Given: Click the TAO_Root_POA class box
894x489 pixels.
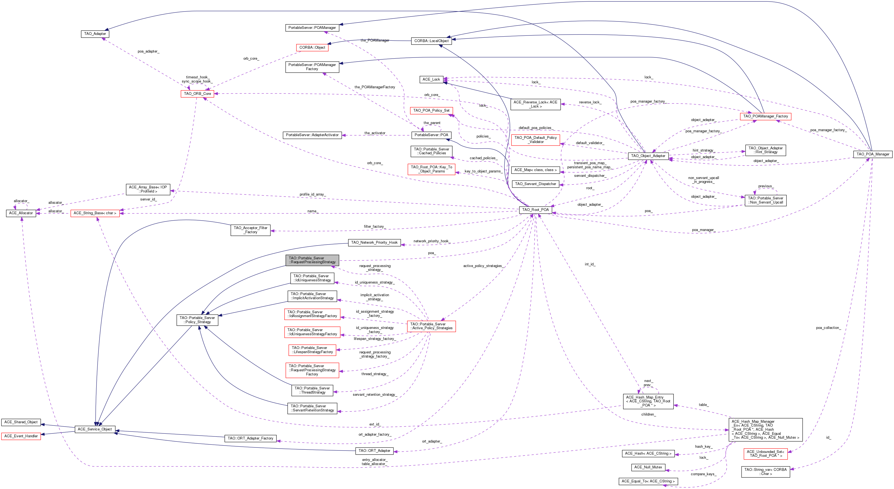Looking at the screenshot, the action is point(535,210).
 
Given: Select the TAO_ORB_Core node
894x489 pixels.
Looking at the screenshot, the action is point(197,94).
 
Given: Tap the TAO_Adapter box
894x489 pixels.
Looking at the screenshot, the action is point(95,34).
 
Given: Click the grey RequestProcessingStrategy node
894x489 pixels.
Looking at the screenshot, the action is point(312,260).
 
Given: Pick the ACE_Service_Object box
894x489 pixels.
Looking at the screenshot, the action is point(95,429).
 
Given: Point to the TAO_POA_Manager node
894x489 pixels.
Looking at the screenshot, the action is point(873,154).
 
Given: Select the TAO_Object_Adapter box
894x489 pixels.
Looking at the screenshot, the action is point(648,156).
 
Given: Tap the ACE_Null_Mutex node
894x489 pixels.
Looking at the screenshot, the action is point(648,467).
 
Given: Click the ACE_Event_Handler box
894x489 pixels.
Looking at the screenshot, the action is point(21,436).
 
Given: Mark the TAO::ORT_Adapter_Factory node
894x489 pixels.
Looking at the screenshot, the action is point(250,438).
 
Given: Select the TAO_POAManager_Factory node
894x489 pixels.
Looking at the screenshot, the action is point(765,116).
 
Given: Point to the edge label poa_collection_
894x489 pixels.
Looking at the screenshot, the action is point(828,328).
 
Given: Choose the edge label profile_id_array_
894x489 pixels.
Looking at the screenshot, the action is point(313,194).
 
